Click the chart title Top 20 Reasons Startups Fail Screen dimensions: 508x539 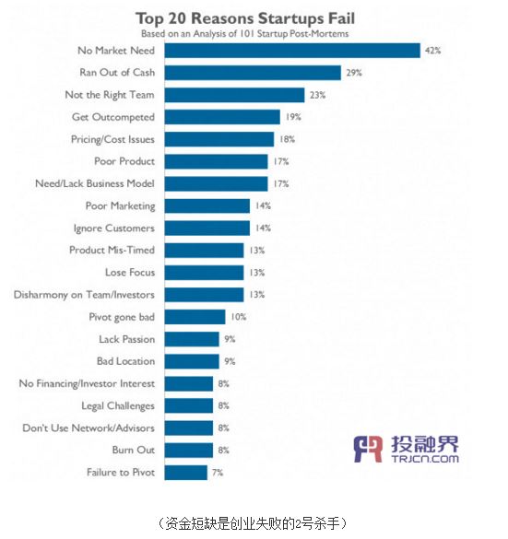coord(245,18)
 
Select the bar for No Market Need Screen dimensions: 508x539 coord(292,51)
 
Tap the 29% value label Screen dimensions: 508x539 coord(354,73)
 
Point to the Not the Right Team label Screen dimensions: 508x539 coord(110,95)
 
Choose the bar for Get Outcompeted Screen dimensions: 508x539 coord(222,117)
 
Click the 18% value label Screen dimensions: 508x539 coord(287,139)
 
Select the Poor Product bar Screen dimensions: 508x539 coord(216,161)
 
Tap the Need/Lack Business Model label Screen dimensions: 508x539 coord(95,183)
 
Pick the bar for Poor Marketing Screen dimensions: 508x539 coord(207,205)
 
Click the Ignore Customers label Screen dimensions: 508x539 coord(113,228)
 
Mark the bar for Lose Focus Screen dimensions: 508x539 coord(204,273)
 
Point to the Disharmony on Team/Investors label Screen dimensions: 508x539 coord(84,295)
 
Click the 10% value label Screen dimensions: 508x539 coord(239,317)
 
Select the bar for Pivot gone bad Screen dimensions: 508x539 coord(195,317)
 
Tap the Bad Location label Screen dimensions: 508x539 coord(126,361)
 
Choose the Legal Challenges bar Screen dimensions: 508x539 coord(188,405)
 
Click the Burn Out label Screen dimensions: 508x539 coord(134,450)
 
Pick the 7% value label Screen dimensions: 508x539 coord(218,473)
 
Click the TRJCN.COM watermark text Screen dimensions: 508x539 coord(425,459)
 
